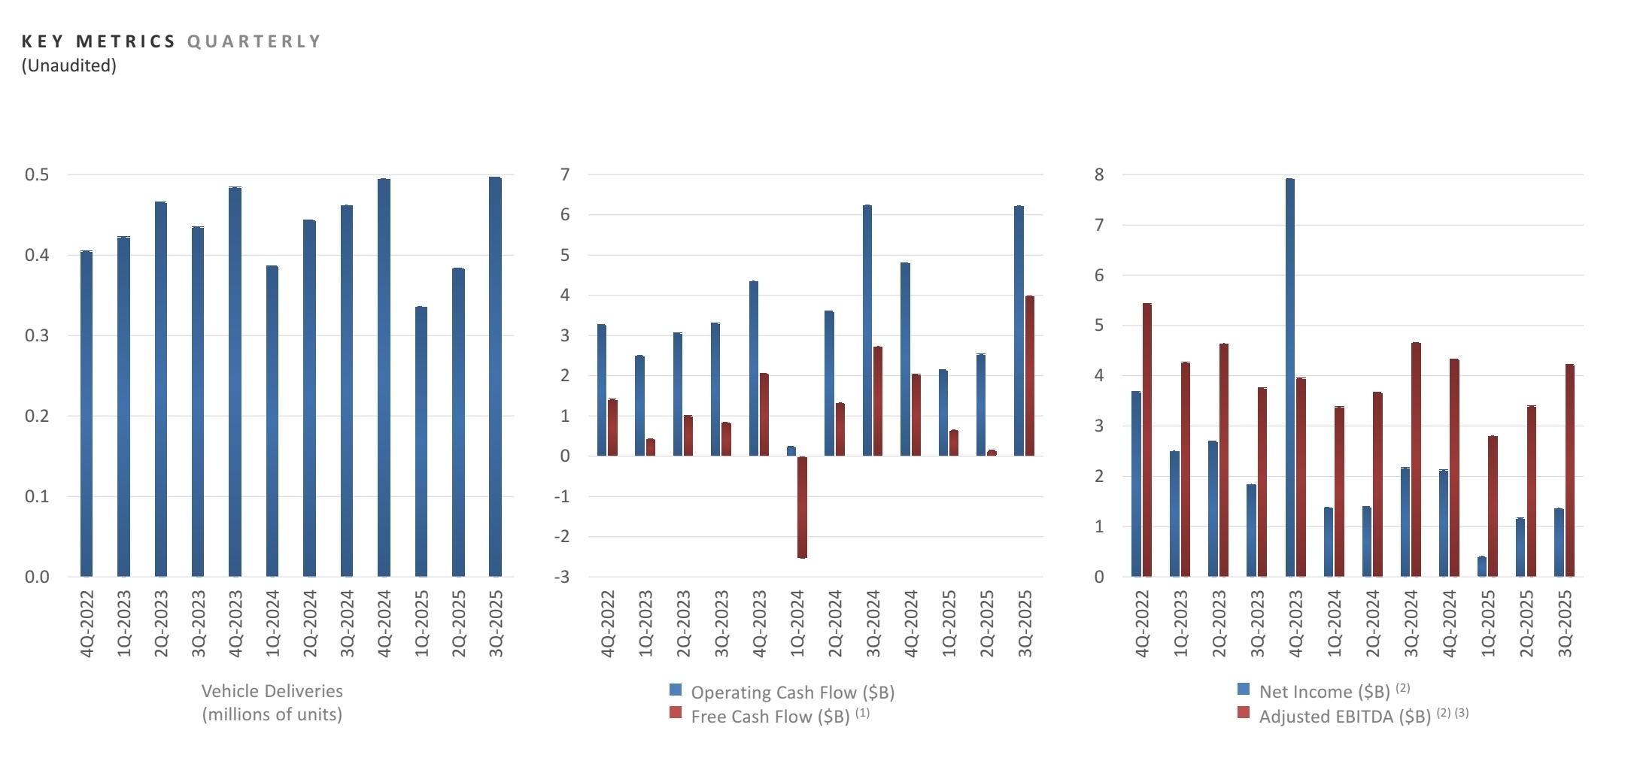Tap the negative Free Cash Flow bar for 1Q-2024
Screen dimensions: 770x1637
(802, 508)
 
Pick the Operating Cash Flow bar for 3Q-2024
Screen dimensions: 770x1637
(867, 330)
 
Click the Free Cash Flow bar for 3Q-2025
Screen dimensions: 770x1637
(1030, 376)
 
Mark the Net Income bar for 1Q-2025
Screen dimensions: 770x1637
(1482, 567)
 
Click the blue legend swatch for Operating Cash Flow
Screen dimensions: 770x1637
(676, 690)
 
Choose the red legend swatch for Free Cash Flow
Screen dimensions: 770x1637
(676, 713)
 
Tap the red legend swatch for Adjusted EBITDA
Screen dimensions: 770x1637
(1244, 713)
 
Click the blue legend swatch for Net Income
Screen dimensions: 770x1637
(1244, 689)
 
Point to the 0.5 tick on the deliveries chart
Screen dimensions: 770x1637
(37, 175)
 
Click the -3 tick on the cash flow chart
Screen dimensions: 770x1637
(562, 577)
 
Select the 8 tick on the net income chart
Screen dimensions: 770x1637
(1099, 175)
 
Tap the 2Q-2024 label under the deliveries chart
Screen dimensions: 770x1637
(310, 623)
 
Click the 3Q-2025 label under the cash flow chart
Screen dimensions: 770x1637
(1025, 623)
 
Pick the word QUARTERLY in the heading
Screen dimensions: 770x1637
(254, 41)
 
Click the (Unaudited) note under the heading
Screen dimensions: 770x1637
(69, 66)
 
